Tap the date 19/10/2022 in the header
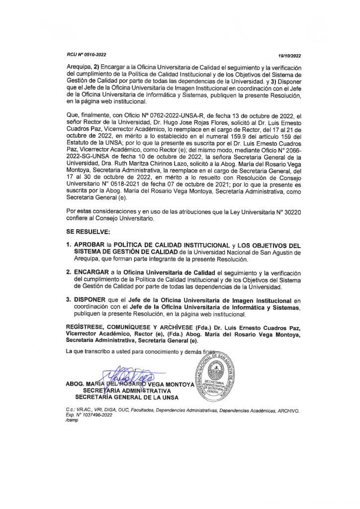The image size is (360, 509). point(290,55)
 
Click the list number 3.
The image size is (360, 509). point(69,301)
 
